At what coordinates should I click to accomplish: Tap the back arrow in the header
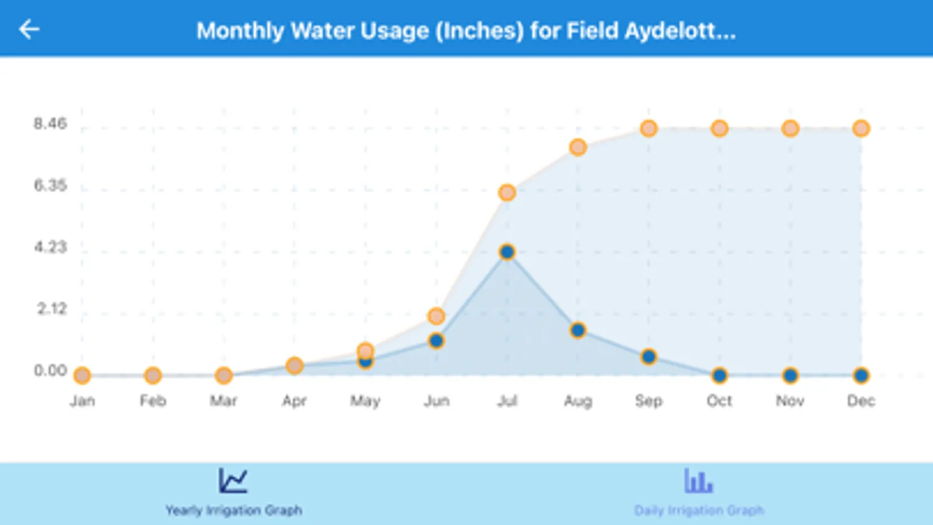[29, 29]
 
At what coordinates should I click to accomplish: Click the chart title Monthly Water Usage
[466, 30]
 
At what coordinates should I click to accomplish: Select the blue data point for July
[507, 252]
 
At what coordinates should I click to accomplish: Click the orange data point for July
[507, 192]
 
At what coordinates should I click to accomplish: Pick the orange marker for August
[578, 148]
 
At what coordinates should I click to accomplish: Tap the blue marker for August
[578, 331]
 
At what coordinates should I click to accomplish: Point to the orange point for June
[436, 316]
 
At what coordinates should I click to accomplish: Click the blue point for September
[648, 356]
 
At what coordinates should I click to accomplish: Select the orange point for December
[861, 128]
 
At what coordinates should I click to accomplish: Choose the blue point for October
[719, 375]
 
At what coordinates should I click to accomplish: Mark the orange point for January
[82, 375]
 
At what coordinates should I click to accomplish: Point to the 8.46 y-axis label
[50, 124]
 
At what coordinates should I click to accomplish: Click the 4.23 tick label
[50, 247]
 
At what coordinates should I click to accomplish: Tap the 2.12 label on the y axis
[52, 309]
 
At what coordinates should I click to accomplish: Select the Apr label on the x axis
[294, 401]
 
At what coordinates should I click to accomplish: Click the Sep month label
[648, 401]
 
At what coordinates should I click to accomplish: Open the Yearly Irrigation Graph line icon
[233, 481]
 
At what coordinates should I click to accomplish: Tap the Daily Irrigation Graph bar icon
[698, 481]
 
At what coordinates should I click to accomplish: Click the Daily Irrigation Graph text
[698, 510]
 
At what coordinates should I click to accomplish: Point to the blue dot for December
[861, 375]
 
